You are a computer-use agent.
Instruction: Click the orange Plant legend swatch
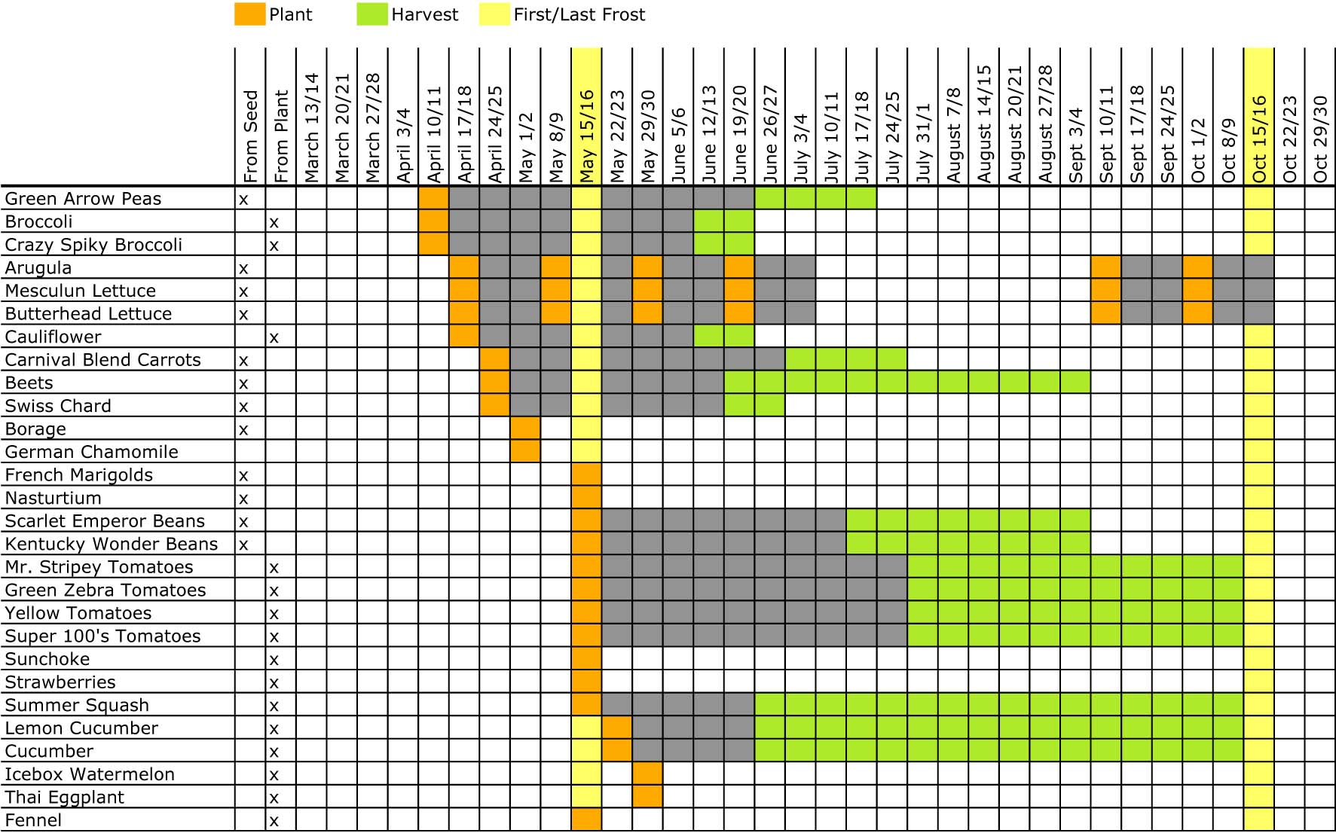click(x=249, y=14)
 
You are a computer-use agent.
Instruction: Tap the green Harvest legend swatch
click(x=372, y=14)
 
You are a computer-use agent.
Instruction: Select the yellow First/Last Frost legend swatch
click(x=494, y=14)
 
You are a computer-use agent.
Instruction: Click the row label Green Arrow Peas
click(x=83, y=199)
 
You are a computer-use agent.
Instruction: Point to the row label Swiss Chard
click(x=58, y=406)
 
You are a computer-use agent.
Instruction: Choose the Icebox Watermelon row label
click(x=90, y=774)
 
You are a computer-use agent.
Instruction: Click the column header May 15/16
click(x=587, y=136)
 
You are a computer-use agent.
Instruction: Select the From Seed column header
click(x=251, y=136)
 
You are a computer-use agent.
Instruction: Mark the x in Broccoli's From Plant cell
click(x=274, y=222)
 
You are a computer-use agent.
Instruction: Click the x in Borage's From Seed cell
click(x=243, y=429)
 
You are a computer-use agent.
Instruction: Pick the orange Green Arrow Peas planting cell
click(x=434, y=199)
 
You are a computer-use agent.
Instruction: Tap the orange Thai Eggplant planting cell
click(x=648, y=797)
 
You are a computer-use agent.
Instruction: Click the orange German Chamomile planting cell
click(x=525, y=452)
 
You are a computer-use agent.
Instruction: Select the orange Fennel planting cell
click(x=587, y=819)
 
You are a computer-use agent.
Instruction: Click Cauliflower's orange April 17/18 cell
click(x=464, y=337)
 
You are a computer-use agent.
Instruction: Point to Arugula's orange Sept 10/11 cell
click(x=1106, y=267)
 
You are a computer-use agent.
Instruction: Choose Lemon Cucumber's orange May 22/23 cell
click(x=617, y=728)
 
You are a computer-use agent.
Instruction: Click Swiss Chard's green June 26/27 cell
click(x=769, y=406)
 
